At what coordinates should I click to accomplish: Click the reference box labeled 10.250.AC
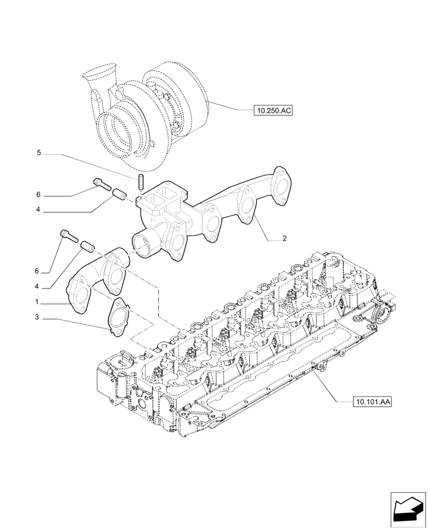pyautogui.click(x=273, y=111)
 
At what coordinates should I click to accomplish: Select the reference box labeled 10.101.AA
pyautogui.click(x=371, y=403)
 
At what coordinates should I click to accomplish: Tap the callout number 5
pyautogui.click(x=39, y=153)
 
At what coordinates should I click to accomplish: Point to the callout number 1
pyautogui.click(x=37, y=302)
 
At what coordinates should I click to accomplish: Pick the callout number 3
pyautogui.click(x=37, y=317)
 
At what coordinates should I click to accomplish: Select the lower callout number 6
pyautogui.click(x=37, y=271)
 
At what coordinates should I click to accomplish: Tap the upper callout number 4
pyautogui.click(x=38, y=210)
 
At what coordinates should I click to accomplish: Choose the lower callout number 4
pyautogui.click(x=38, y=286)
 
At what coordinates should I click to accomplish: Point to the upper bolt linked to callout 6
pyautogui.click(x=101, y=183)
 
